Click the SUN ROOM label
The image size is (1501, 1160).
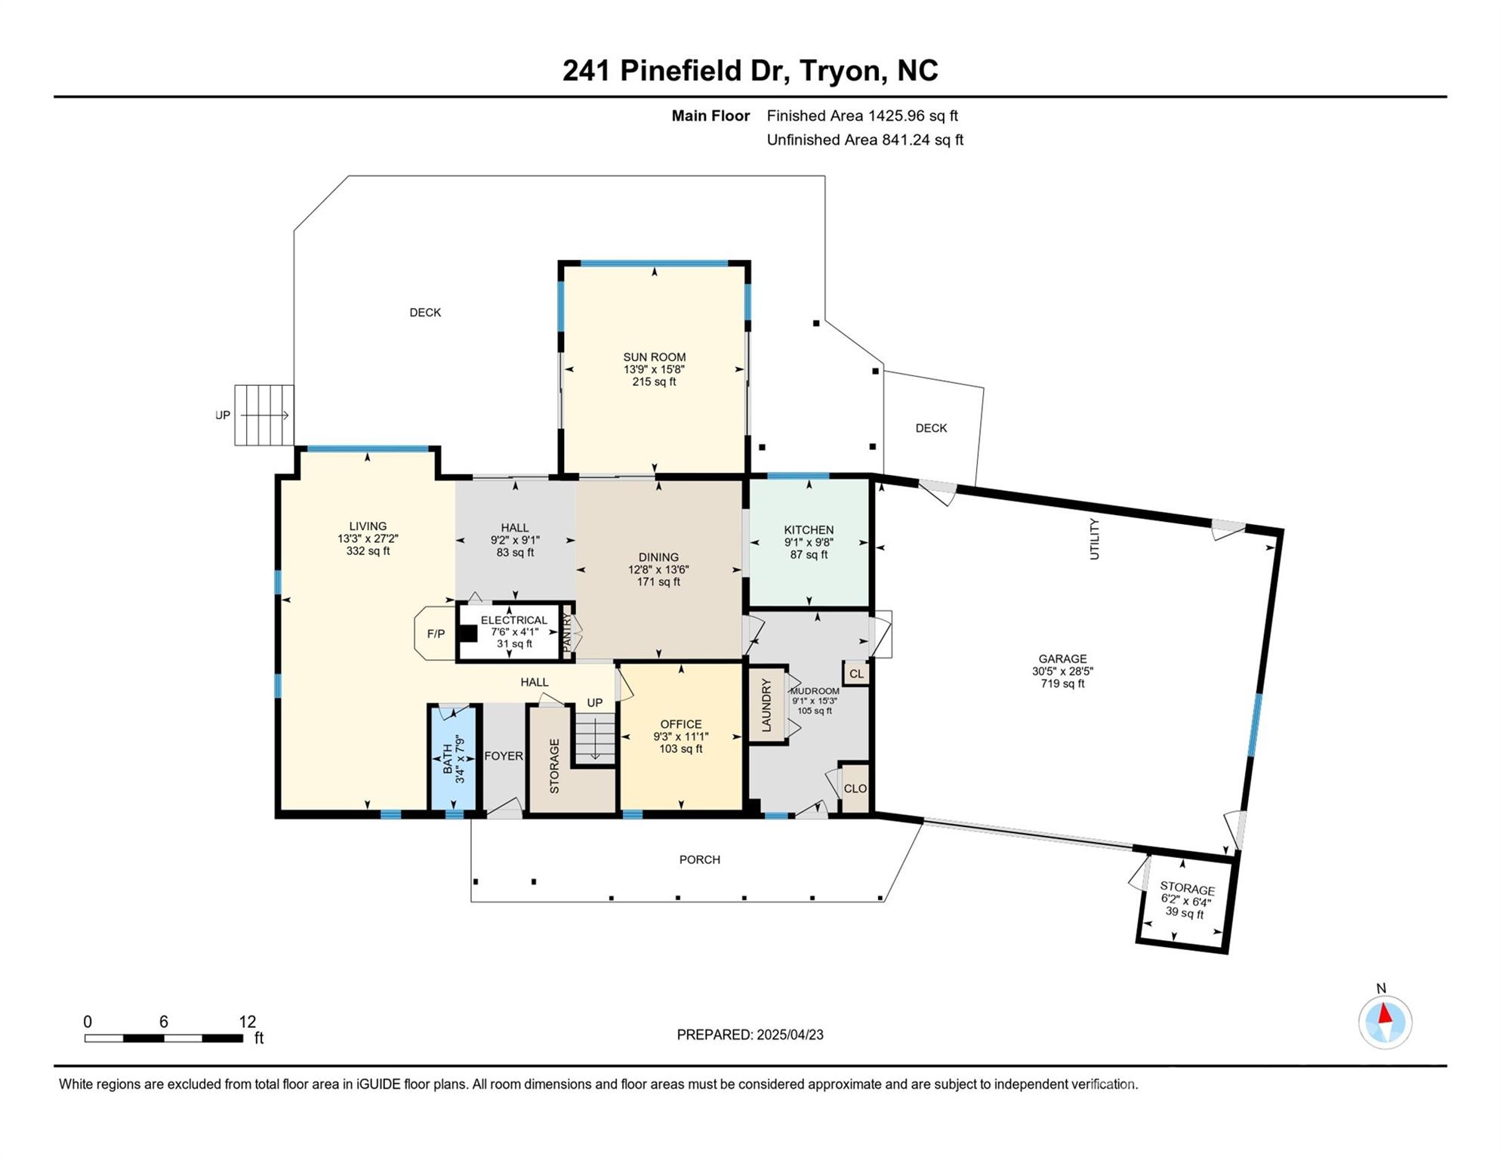(654, 357)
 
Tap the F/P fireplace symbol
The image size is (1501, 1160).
(436, 634)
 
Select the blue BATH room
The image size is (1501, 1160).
(453, 758)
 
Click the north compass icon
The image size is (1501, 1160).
(1385, 1022)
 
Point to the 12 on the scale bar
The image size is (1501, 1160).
(247, 1022)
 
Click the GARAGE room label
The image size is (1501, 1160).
(1062, 659)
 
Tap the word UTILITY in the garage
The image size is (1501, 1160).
(1094, 538)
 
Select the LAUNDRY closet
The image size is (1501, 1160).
(766, 705)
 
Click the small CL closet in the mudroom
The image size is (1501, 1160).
(855, 674)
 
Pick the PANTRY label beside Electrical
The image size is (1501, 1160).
(567, 633)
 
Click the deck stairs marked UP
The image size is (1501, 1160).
(264, 415)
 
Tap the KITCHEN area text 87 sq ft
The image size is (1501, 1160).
(809, 554)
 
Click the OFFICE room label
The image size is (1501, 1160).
(680, 723)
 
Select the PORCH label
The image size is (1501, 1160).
(699, 859)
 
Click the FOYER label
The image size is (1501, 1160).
(503, 756)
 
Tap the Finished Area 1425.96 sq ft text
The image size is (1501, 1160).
(861, 116)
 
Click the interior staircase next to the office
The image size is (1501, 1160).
(595, 737)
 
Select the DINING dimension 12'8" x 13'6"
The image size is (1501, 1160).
(658, 569)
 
